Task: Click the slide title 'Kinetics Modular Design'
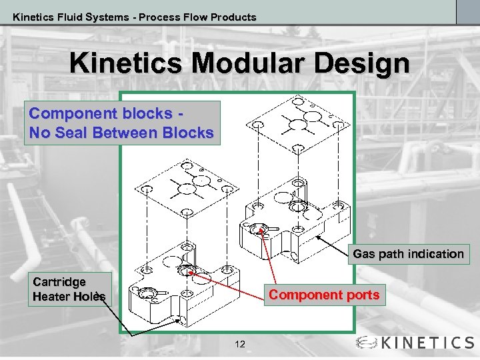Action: tap(239, 64)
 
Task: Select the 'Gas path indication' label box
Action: tap(408, 254)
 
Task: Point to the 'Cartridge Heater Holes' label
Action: tap(69, 289)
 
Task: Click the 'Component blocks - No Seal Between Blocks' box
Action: tap(121, 123)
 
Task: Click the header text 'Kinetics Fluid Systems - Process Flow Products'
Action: tap(134, 17)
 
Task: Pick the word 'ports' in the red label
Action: tap(363, 295)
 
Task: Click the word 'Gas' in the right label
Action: tap(364, 254)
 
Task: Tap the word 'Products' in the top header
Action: tap(229, 17)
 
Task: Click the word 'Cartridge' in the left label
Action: tap(59, 282)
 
